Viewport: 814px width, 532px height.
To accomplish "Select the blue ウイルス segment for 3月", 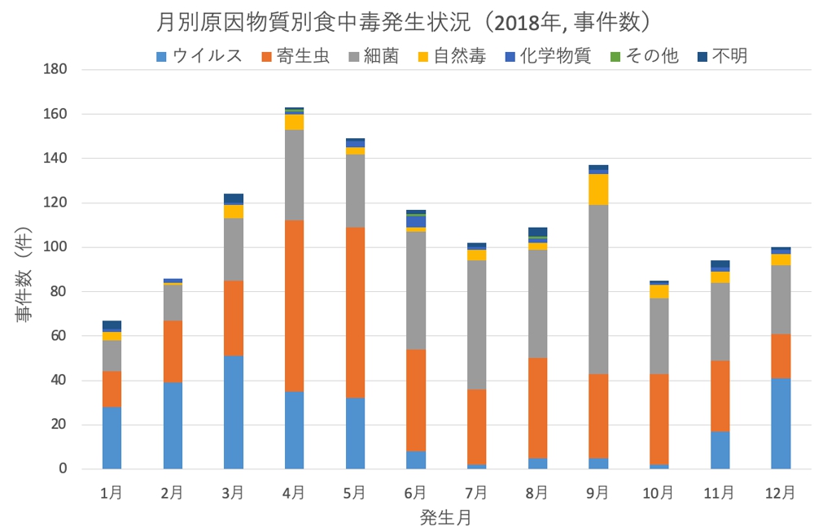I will (x=234, y=412).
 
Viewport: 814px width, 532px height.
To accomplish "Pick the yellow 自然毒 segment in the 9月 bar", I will (x=598, y=190).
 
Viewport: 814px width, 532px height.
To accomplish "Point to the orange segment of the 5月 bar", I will (x=355, y=312).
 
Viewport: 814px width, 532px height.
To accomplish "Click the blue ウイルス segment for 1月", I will (x=112, y=438).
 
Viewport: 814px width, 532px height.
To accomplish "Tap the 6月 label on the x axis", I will (x=415, y=492).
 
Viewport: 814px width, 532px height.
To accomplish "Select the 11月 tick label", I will (x=720, y=492).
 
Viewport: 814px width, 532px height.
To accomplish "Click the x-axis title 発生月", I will (x=445, y=516).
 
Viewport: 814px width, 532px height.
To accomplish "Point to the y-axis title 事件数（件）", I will (x=23, y=268).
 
